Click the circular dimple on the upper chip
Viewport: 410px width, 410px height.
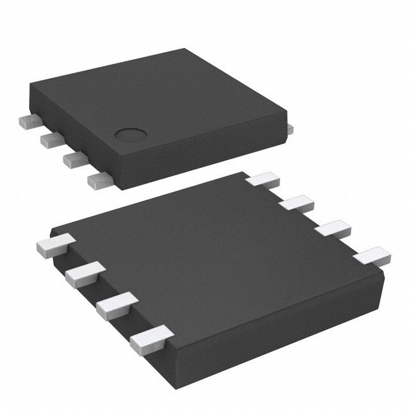(128, 135)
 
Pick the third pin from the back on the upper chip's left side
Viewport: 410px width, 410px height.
(71, 158)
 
